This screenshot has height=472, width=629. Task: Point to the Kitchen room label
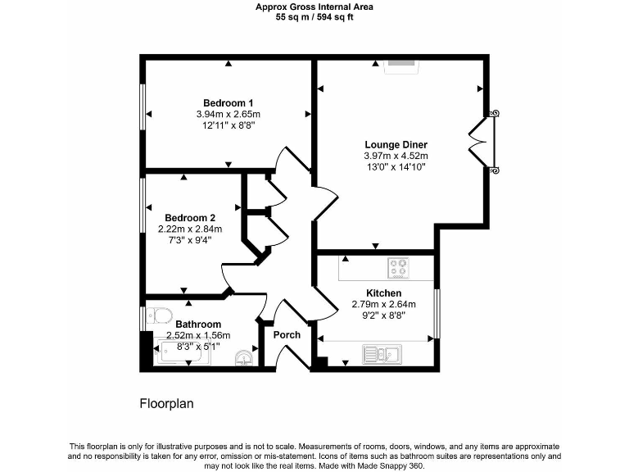coord(383,293)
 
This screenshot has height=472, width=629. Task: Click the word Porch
coord(287,334)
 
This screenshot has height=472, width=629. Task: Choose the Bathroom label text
coord(197,324)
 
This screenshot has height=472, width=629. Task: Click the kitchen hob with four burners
coord(398,268)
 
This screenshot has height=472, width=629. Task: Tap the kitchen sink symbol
coord(380,354)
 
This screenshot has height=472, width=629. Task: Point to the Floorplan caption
coord(166,404)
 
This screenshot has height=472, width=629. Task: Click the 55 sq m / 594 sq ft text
coord(314,17)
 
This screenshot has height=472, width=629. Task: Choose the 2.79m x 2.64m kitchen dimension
coord(383,304)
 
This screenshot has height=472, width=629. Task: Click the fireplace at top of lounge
coord(401,61)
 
